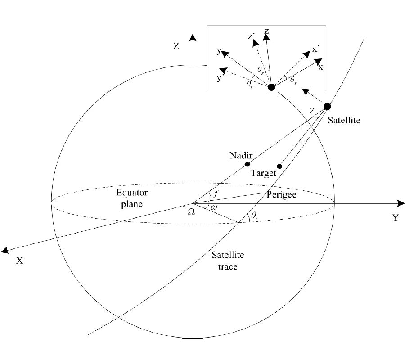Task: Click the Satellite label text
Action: (344, 121)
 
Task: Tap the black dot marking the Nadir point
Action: (247, 164)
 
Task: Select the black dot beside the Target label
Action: (279, 166)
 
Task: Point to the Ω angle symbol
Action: (191, 211)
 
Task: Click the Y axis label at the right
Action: (395, 218)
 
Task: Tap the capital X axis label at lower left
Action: (19, 260)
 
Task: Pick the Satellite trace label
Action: (229, 261)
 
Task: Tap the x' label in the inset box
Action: (316, 50)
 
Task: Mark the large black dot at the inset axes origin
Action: (271, 87)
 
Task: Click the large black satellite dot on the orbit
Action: (327, 107)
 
